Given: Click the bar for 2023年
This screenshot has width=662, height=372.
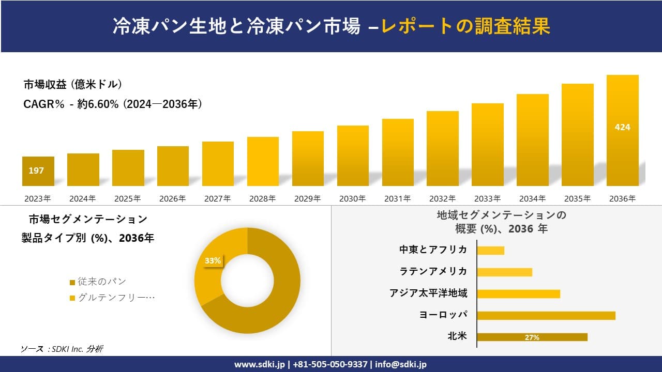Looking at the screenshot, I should click(38, 171).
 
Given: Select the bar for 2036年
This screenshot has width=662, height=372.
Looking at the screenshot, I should click(622, 130).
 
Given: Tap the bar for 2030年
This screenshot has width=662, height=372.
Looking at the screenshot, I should click(353, 156).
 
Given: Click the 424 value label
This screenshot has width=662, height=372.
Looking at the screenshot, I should click(622, 127).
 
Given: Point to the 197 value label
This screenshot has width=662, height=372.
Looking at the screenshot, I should click(36, 171).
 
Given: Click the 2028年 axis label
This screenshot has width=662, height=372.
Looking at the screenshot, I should click(262, 198).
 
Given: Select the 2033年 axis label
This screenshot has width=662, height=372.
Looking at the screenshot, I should click(487, 198).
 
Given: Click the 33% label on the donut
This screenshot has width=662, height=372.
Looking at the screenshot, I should click(213, 261).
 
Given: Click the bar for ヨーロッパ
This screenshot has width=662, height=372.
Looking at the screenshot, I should click(546, 315).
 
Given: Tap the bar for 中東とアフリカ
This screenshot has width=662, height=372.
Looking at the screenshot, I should click(490, 250).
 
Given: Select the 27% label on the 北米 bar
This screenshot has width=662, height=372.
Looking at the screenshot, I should click(532, 337).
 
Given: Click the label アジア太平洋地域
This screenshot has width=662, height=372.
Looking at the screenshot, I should click(428, 293).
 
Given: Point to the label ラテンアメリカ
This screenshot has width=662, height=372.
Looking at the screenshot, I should click(433, 272).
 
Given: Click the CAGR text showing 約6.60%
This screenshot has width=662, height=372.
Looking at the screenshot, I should click(113, 104).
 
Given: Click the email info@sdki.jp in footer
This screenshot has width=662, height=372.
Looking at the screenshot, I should click(401, 364).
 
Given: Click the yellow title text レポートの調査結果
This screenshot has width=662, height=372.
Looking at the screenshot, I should click(465, 26).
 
